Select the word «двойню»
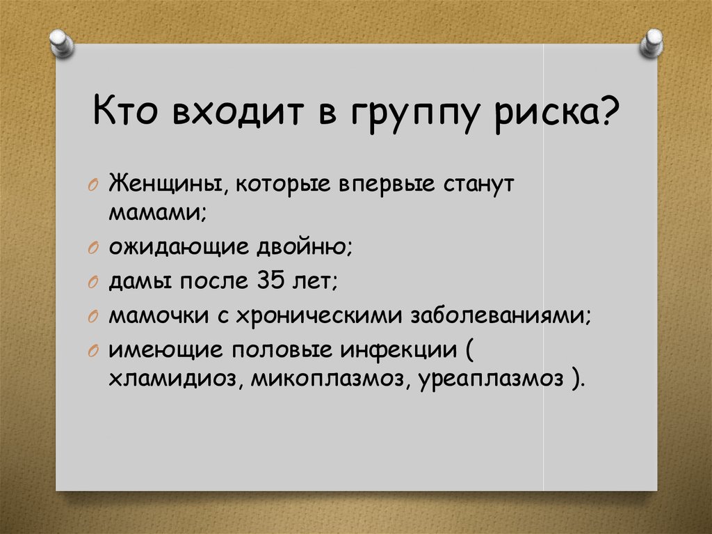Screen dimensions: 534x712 pyautogui.click(x=306, y=246)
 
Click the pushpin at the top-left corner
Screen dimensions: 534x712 pyautogui.click(x=63, y=42)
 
